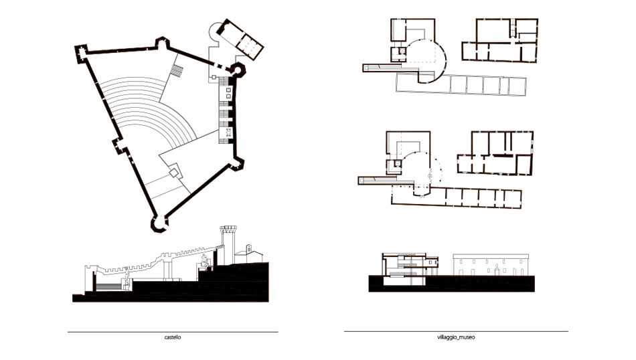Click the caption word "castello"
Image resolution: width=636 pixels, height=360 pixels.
point(173,337)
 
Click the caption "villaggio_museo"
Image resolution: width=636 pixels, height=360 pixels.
point(456,337)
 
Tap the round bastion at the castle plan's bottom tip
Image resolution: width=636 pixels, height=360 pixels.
point(159,223)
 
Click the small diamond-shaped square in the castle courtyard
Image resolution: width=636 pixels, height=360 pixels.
point(174,173)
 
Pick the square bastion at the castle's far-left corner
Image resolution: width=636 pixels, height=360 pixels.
point(81,53)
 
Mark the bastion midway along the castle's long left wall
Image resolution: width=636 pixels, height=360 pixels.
point(119,147)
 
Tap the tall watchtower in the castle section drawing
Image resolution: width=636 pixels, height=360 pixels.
point(228,244)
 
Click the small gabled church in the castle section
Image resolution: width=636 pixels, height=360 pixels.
point(249,254)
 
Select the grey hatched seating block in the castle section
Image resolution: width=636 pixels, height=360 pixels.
point(108,286)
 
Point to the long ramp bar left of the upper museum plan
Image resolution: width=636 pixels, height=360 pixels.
point(383,68)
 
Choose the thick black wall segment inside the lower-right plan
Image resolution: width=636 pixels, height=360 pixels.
point(500,155)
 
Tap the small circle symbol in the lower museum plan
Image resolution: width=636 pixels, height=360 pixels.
point(430,175)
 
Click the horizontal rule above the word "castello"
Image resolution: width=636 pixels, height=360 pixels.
point(173,332)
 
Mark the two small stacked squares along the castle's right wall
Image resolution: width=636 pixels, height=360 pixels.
point(228,92)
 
